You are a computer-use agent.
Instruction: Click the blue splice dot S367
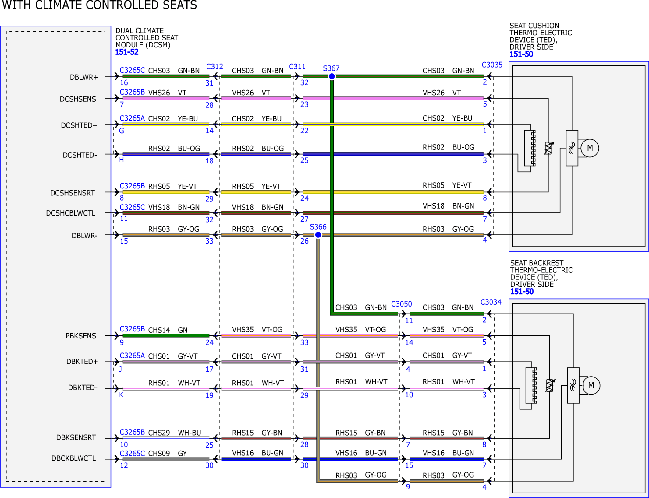point(332,76)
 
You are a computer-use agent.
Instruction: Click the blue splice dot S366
point(318,235)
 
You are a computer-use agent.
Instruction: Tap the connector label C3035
point(492,65)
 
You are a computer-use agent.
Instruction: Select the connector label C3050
point(401,304)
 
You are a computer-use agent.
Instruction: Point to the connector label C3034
point(491,302)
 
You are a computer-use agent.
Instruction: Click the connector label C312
point(215,66)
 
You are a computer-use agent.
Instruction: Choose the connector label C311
point(297,66)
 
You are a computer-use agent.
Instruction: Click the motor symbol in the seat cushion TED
point(590,148)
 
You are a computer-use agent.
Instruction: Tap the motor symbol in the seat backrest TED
point(591,385)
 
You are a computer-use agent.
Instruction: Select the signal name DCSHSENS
point(78,99)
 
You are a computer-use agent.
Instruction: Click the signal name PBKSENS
point(81,336)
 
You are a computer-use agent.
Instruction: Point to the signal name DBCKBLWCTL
point(73,458)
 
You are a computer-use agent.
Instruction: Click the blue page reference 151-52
point(126,52)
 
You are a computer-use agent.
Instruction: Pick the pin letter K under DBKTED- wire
point(121,395)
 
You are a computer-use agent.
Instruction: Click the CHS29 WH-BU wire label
point(174,433)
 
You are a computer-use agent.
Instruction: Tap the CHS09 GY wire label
point(167,453)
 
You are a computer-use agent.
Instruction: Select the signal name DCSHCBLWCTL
point(70,213)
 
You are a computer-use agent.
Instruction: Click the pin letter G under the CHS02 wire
point(121,131)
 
